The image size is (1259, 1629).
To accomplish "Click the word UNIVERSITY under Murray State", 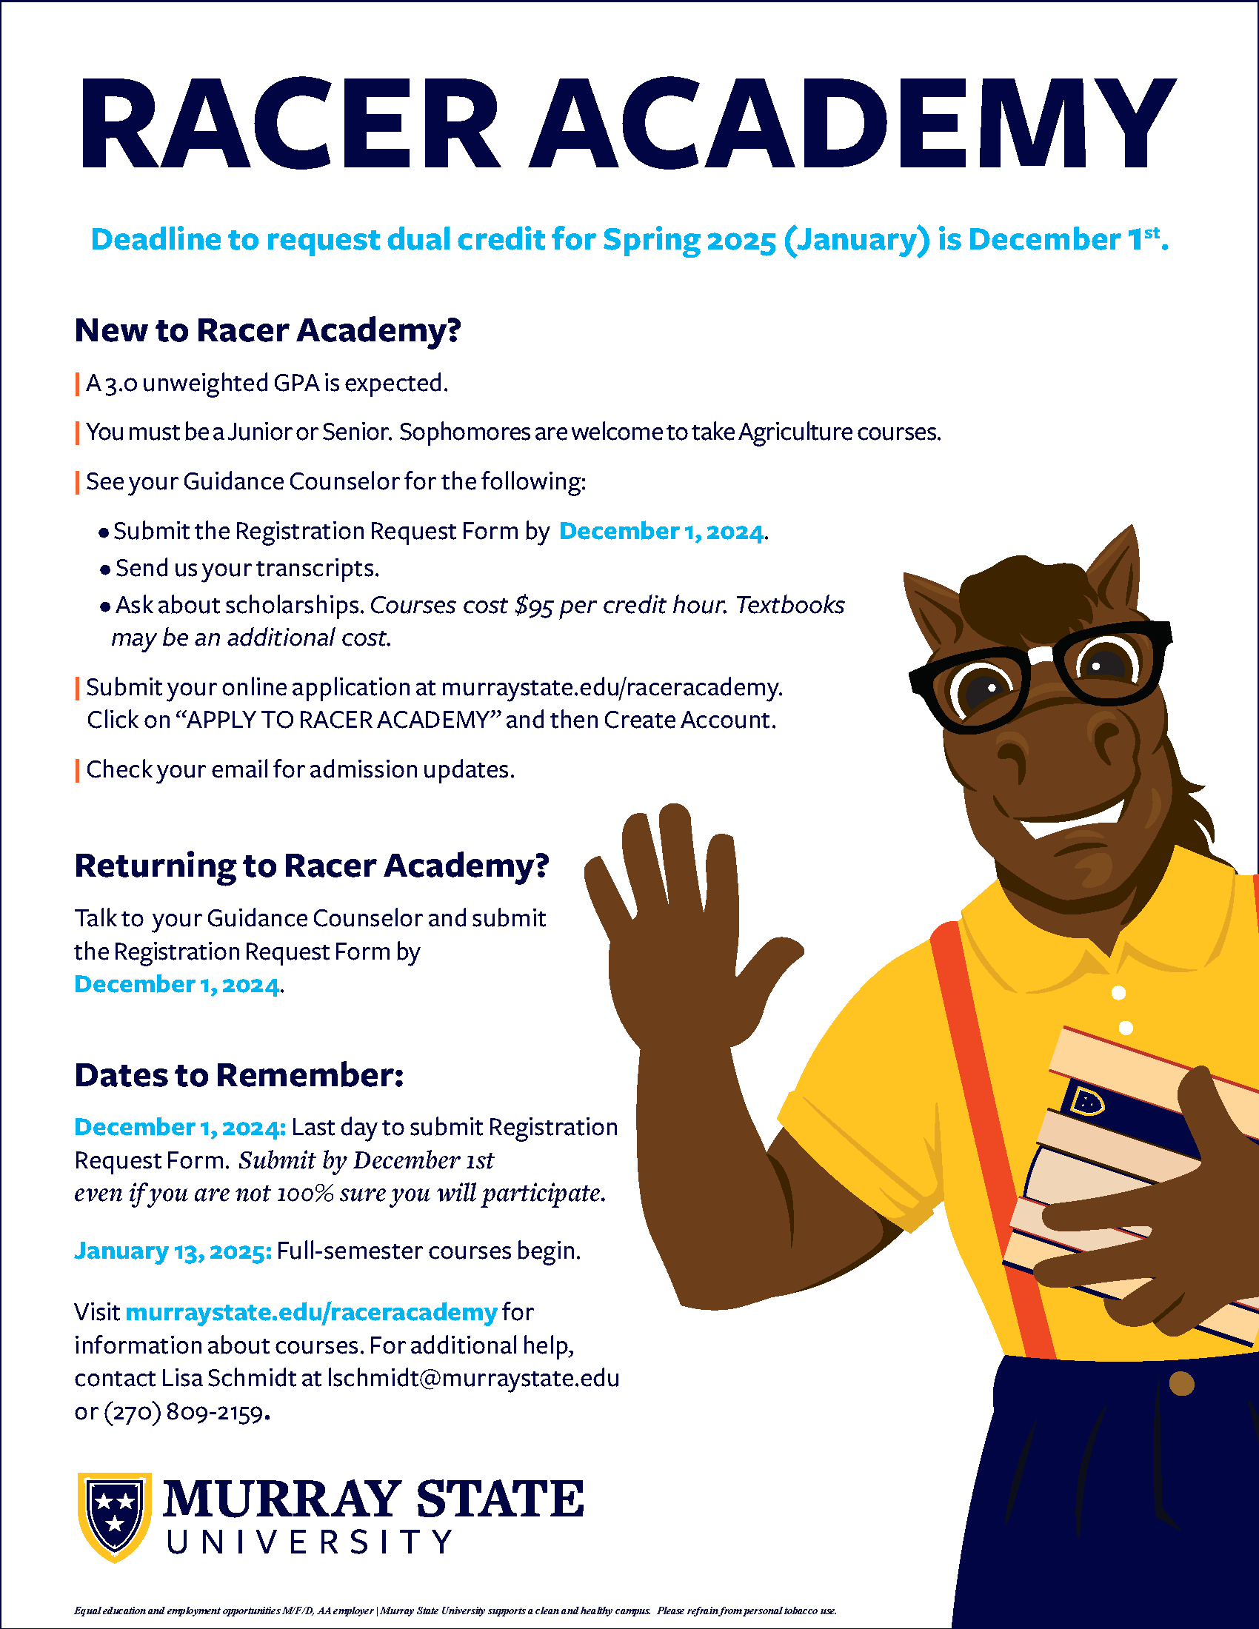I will (x=309, y=1542).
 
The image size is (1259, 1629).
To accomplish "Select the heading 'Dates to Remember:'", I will (x=238, y=1075).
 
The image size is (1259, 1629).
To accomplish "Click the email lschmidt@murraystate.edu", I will (x=473, y=1379).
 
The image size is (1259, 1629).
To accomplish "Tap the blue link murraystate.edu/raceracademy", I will (x=311, y=1312).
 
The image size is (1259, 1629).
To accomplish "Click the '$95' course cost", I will (x=533, y=605).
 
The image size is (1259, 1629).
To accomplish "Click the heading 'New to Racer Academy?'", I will (x=268, y=330).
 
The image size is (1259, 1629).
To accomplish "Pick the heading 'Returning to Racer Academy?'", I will (x=312, y=865).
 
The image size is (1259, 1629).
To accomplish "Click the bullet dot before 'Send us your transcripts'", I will (x=105, y=570).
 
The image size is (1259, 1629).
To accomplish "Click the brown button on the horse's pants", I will (x=1181, y=1385).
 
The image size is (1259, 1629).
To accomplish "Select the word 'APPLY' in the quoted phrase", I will (x=221, y=720).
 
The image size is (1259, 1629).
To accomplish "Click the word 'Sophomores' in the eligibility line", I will (x=463, y=432).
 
